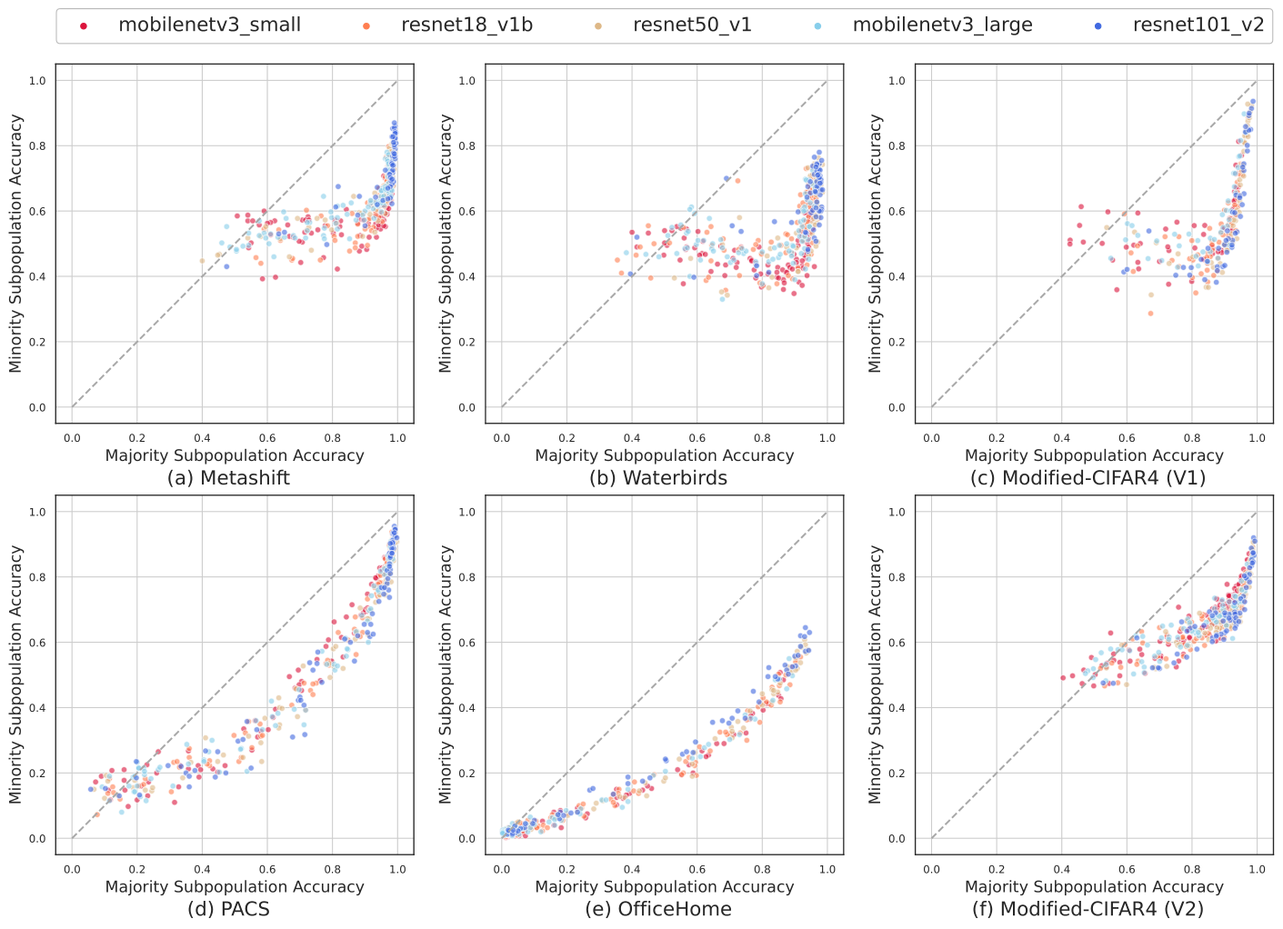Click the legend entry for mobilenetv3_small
coord(209,25)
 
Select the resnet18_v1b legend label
coord(466,25)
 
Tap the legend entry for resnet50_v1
coord(692,25)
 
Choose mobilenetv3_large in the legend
coord(942,25)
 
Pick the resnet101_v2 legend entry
coord(1198,25)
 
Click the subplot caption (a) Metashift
coord(228,478)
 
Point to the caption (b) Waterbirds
coord(658,478)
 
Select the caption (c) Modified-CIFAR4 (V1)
coord(1088,478)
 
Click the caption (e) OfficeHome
coord(658,909)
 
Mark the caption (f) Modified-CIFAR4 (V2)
coord(1088,909)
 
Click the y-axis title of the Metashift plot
coord(15,244)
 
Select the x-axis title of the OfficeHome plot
coord(664,886)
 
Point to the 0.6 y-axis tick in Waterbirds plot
coord(466,212)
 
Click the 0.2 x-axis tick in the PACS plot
coord(137,869)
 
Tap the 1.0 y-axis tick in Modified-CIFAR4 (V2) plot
coord(897,512)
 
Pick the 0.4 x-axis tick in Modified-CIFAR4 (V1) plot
coord(1062,438)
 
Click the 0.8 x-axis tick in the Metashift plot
coord(332,438)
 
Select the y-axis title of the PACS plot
coord(15,674)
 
